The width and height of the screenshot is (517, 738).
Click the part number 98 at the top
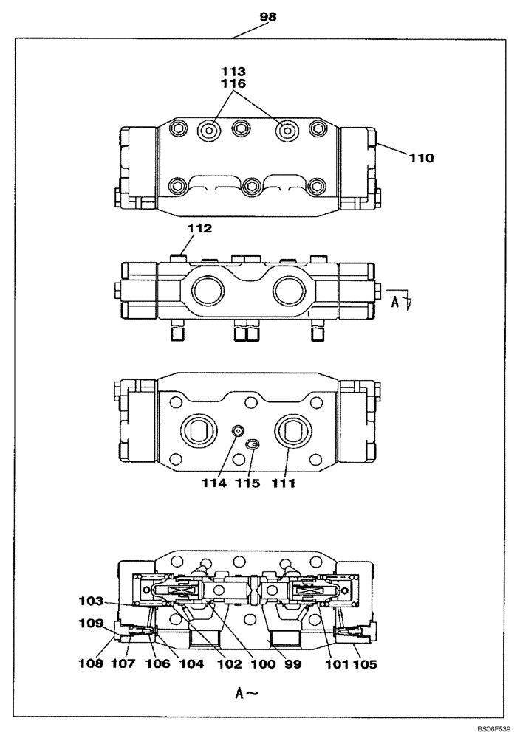pyautogui.click(x=268, y=17)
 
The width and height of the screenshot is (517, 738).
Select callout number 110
pyautogui.click(x=422, y=157)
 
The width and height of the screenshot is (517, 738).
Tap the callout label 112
pyautogui.click(x=199, y=229)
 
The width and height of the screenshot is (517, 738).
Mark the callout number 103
pyautogui.click(x=93, y=601)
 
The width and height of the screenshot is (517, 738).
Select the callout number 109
pyautogui.click(x=93, y=623)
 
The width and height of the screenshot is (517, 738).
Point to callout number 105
pyautogui.click(x=364, y=663)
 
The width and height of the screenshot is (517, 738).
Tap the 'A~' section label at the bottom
pyautogui.click(x=245, y=692)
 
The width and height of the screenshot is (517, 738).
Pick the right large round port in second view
pyautogui.click(x=288, y=290)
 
